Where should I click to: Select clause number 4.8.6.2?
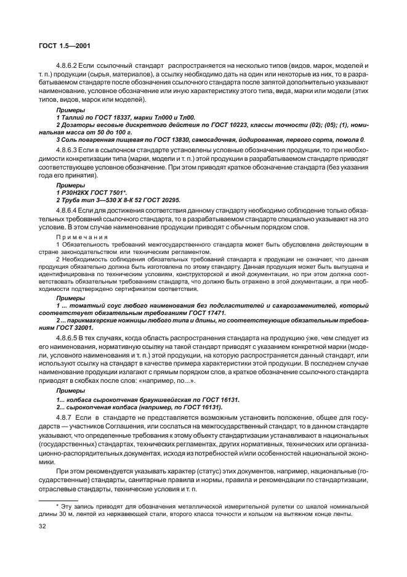(69, 65)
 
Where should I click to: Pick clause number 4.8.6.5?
(69, 338)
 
